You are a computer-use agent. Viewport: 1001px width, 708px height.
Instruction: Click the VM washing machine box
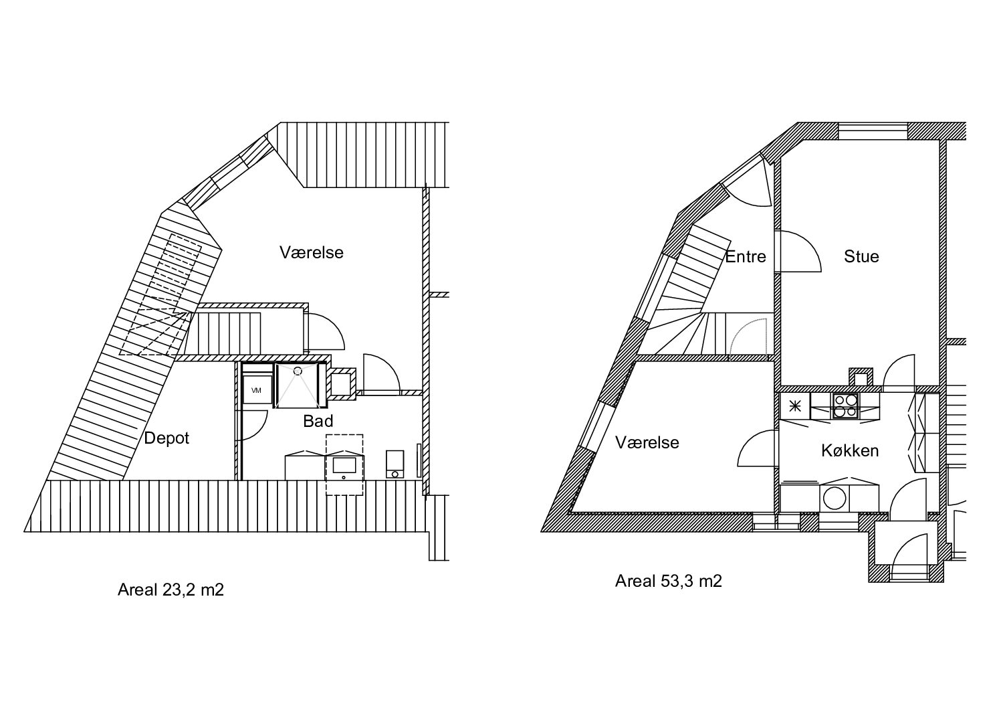point(257,389)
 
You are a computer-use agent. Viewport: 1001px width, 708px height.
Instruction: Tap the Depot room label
point(166,438)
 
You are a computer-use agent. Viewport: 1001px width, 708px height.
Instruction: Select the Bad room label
point(318,421)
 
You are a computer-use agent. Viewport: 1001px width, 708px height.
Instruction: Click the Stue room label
point(861,256)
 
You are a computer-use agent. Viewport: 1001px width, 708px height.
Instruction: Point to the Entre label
point(746,257)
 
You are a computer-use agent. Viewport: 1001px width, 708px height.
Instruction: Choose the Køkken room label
point(850,450)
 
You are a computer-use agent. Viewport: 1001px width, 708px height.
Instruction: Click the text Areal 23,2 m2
point(171,590)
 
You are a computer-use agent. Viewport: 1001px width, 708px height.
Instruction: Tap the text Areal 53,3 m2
point(669,581)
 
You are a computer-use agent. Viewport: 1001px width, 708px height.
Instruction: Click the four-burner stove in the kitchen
point(845,406)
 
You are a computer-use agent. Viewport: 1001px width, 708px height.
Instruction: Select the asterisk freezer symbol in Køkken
point(795,406)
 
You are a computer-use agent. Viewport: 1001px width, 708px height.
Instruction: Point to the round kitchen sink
point(834,498)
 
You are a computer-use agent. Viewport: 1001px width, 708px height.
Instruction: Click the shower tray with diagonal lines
point(298,385)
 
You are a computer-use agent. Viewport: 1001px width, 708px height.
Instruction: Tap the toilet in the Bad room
point(395,464)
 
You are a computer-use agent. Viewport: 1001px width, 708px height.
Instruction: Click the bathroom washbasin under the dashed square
point(344,467)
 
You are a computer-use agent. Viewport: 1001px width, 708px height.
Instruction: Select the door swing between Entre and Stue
point(800,252)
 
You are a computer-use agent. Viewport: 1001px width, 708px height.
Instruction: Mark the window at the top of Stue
point(873,131)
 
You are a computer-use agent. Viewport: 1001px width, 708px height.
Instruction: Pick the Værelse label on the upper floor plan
point(312,252)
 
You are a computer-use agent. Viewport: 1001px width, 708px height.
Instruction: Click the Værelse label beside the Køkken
point(647,442)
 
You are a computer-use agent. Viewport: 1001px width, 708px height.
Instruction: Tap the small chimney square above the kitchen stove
point(861,377)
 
